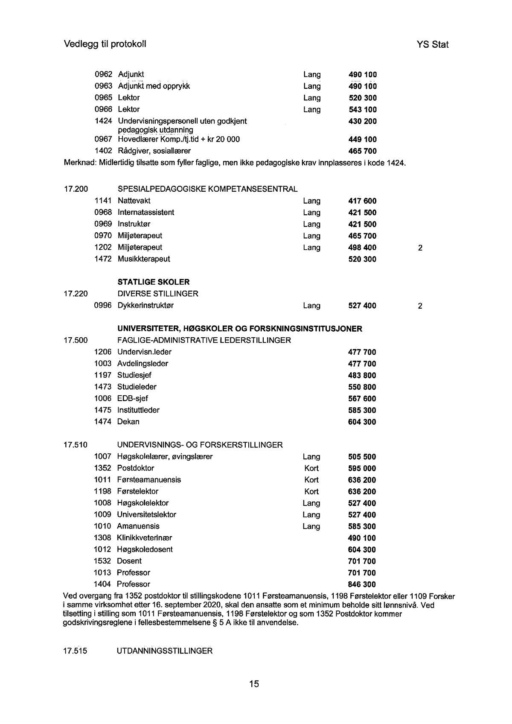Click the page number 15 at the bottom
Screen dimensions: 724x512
pos(254,684)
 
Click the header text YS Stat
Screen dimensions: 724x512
pos(432,44)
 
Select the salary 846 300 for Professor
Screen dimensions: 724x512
pos(362,584)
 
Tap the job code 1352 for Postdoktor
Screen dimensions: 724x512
pos(102,468)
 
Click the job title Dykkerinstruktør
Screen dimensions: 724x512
pos(145,306)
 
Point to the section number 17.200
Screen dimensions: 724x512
pos(76,189)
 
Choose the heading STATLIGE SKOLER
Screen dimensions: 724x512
pos(153,282)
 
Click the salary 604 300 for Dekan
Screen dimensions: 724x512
pos(362,422)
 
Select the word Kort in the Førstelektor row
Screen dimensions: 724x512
pos(311,491)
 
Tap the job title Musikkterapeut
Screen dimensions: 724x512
pos(143,259)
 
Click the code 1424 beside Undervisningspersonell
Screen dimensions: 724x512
pos(103,121)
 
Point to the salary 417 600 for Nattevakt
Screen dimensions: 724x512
pos(362,201)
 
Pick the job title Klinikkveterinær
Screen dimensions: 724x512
pos(144,538)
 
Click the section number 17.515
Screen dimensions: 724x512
pos(75,651)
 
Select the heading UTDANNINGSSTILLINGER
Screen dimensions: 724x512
pos(164,651)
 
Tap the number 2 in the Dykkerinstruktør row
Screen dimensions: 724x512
pos(420,306)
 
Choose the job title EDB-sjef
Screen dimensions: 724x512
pos(132,399)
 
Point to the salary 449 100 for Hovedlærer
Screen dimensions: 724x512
pos(362,139)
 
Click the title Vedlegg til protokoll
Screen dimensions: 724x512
pos(105,44)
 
